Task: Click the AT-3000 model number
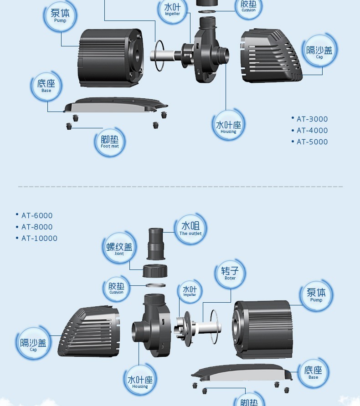click(312, 119)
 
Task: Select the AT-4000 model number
click(312, 130)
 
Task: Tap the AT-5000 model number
click(312, 142)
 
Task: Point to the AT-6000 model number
click(36, 215)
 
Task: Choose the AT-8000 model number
click(36, 227)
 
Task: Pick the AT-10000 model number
click(39, 238)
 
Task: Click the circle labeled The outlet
click(190, 228)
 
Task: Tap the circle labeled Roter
click(230, 273)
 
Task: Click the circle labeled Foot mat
click(110, 142)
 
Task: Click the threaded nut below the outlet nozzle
click(155, 271)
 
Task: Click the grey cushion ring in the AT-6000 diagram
click(155, 285)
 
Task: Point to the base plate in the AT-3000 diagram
click(116, 105)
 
